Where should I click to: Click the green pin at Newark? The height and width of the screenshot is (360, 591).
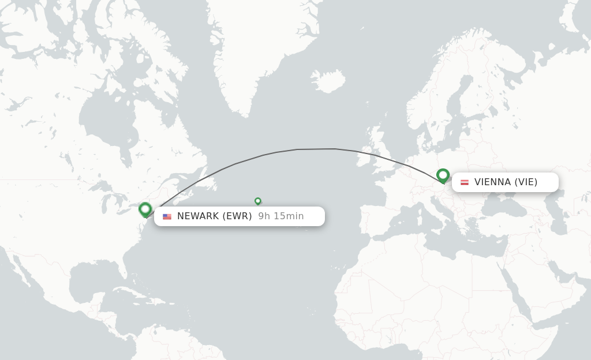pyautogui.click(x=145, y=209)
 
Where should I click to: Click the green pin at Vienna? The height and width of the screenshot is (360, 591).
pyautogui.click(x=443, y=175)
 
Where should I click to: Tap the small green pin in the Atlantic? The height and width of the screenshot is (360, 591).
pyautogui.click(x=258, y=201)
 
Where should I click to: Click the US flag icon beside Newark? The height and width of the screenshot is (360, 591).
pyautogui.click(x=167, y=216)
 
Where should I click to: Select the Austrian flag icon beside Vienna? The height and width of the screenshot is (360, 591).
pyautogui.click(x=465, y=182)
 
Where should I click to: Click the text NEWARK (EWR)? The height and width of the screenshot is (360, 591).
pyautogui.click(x=214, y=216)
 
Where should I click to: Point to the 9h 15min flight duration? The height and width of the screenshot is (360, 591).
pyautogui.click(x=281, y=216)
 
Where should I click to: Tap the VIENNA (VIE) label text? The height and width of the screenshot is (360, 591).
pyautogui.click(x=506, y=182)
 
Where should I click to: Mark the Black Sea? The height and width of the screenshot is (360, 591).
pyautogui.click(x=496, y=206)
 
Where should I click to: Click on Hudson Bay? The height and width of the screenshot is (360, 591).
pyautogui.click(x=107, y=115)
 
